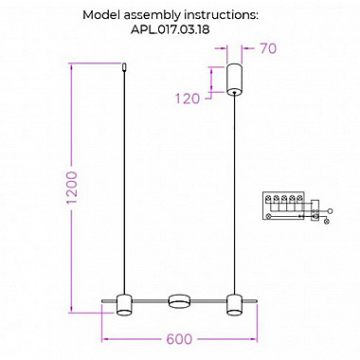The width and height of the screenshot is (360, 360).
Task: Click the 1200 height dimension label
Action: (x=73, y=188)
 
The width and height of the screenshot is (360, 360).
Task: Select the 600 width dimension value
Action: (x=179, y=339)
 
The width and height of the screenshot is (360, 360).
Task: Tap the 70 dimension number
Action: (x=268, y=48)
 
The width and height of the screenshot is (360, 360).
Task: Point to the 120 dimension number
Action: (x=188, y=99)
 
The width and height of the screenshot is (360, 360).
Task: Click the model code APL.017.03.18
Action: (x=170, y=29)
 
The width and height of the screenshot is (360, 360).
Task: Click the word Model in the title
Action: (x=101, y=15)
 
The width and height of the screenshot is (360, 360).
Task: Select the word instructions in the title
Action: (x=221, y=15)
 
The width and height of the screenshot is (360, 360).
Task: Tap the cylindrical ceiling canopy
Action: (x=235, y=80)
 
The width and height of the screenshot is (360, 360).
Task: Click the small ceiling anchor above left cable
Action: (x=125, y=67)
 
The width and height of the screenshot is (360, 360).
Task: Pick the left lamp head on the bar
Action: (x=124, y=305)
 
